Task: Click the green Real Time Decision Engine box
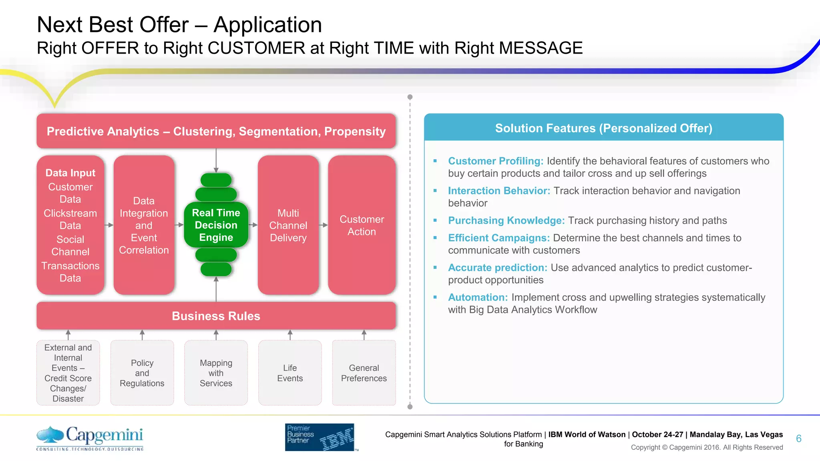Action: coord(216,225)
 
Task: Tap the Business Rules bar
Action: coord(216,316)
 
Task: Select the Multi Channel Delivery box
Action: coord(288,225)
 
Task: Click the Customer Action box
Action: coord(362,225)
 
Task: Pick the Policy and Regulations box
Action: coord(142,373)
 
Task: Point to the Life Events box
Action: coord(290,373)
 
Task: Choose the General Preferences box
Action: coord(364,373)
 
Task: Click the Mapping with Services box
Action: coord(216,373)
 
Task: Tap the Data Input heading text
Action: coord(70,173)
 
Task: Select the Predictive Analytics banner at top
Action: coord(216,131)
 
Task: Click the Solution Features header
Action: coord(603,128)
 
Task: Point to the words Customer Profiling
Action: coord(495,161)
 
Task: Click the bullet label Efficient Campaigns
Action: coord(498,238)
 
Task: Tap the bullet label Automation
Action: coord(478,297)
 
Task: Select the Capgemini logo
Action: coord(90,438)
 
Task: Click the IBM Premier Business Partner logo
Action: coord(320,437)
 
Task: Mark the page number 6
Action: coord(798,439)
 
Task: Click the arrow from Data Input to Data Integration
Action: coord(109,225)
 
